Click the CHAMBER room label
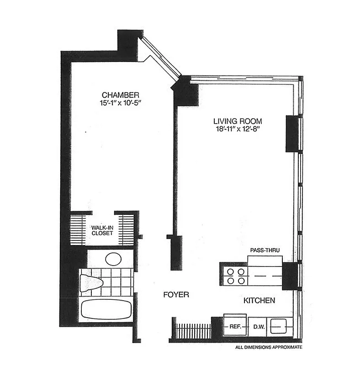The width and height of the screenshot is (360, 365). [x=120, y=95]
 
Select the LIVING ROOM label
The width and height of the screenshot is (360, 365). [x=238, y=121]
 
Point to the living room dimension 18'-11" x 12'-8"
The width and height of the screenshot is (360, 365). [x=238, y=129]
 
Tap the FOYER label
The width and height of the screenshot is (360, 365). [x=176, y=295]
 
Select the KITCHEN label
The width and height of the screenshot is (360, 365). [x=259, y=300]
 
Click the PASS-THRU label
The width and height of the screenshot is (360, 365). [x=265, y=250]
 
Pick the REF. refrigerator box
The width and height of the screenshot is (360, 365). [x=235, y=327]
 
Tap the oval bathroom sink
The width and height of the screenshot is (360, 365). [x=113, y=260]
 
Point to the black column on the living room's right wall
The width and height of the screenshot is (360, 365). [x=291, y=134]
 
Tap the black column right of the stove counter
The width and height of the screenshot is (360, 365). [x=290, y=276]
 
